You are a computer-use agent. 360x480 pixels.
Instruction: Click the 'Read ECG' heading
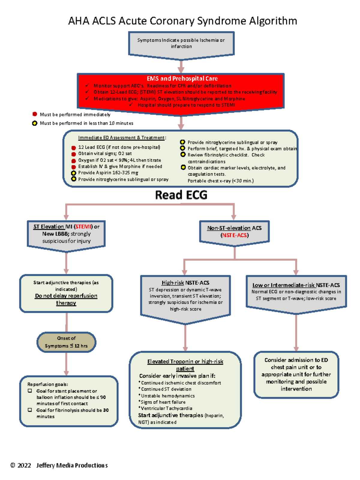coord(181,195)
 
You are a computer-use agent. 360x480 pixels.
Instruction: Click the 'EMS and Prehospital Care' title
coord(182,79)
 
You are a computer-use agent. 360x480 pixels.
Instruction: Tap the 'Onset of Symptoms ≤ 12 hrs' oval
coord(66,342)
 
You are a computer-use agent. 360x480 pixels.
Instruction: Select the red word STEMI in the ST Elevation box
coord(83,227)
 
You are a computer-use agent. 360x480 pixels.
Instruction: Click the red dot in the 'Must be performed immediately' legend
coord(35,114)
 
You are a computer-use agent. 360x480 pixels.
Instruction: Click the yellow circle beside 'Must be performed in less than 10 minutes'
coord(35,123)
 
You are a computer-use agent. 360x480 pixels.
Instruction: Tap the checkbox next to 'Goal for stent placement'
coord(30,391)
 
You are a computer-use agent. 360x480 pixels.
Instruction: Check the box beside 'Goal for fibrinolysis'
coord(30,410)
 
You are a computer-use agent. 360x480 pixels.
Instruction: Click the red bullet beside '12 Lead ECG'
coord(73,148)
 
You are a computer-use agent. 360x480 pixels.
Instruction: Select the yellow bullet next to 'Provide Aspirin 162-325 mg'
coord(73,173)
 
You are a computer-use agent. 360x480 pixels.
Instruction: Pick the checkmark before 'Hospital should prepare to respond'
coord(131,105)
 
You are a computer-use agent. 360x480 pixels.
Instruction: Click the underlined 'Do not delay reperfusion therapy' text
coord(66,299)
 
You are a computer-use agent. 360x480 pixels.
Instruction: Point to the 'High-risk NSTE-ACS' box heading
coord(185,283)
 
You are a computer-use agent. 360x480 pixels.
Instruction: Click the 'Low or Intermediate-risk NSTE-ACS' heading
coord(296,285)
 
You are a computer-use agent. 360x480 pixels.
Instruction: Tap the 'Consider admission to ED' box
coord(296,374)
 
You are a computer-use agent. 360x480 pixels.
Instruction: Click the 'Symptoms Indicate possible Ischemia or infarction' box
coord(181,43)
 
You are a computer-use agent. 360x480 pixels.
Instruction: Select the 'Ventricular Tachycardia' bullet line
coord(166,408)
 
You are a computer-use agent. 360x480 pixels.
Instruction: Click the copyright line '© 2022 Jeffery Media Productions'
coord(59,465)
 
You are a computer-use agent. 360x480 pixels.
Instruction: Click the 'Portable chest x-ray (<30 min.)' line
coord(220,181)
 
